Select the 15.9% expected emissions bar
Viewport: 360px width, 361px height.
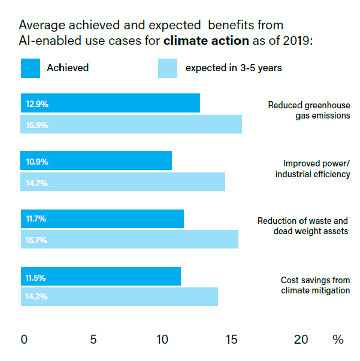131,125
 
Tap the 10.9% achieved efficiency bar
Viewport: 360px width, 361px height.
96,162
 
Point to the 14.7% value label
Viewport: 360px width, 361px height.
37,183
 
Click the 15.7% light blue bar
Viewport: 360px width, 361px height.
130,240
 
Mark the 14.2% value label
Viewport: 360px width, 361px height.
37,297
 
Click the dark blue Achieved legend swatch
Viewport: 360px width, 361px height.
30,68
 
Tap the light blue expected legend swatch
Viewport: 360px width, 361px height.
168,68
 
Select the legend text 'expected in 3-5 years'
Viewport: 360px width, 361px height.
233,68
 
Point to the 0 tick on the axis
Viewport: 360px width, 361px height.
24,340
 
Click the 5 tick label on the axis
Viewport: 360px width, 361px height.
93,340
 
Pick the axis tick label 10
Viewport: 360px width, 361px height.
162,340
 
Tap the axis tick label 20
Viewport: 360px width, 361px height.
301,340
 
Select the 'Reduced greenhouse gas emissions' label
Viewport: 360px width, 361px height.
309,110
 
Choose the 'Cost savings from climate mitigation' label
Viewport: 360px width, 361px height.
315,285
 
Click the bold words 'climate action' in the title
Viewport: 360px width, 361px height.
206,41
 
